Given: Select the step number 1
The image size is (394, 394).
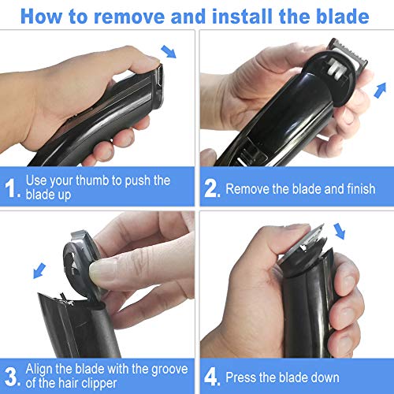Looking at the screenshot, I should (x=11, y=189).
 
